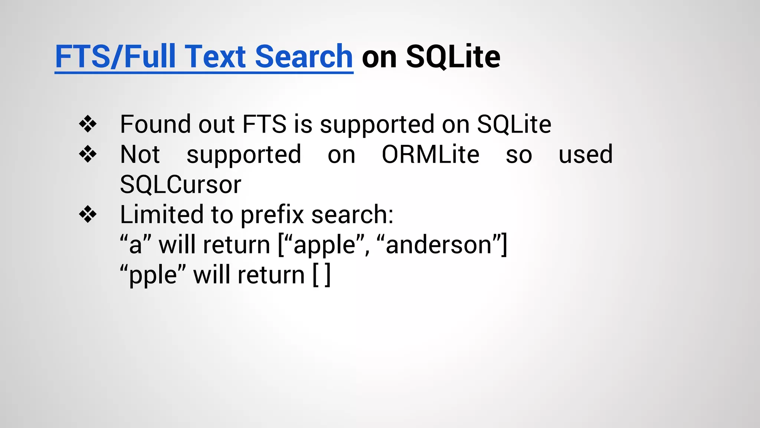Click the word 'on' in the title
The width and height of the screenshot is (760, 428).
(x=379, y=58)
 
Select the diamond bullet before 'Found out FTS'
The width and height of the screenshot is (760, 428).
(x=88, y=124)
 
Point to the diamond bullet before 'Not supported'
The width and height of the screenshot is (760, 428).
(x=88, y=154)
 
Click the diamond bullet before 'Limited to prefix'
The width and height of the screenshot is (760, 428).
(x=88, y=215)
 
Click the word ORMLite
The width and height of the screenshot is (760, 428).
(x=430, y=155)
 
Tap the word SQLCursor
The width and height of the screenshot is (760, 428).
(x=180, y=185)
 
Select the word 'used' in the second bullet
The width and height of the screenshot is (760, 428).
(x=586, y=155)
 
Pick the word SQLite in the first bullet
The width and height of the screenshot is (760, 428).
(x=514, y=124)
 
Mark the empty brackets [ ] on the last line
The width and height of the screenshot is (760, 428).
(x=321, y=275)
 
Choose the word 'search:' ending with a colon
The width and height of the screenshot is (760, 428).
(x=352, y=215)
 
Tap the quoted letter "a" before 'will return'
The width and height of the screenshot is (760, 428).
(x=135, y=245)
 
